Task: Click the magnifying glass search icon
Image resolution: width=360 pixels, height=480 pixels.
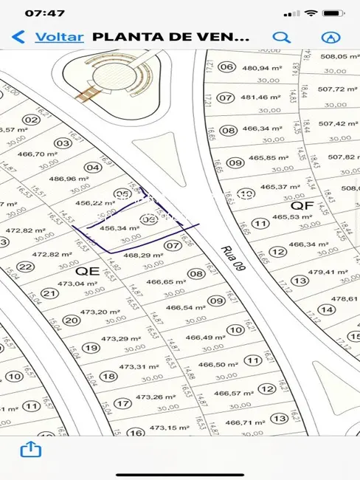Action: [x=281, y=36]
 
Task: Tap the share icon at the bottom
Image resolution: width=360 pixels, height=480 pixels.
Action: [x=30, y=449]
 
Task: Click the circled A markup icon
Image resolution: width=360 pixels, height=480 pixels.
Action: [x=331, y=36]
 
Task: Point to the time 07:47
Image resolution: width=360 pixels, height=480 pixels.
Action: [x=45, y=13]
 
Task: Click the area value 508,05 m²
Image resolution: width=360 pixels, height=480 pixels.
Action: [x=339, y=56]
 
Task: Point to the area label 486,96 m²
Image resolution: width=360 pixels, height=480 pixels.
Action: [x=68, y=178]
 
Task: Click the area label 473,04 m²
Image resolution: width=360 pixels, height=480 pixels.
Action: [x=72, y=283]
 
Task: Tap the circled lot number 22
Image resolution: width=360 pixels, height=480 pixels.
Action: [x=26, y=267]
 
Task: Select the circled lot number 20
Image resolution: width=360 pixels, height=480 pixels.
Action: [x=72, y=320]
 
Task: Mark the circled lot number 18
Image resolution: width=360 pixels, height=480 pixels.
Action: [x=108, y=376]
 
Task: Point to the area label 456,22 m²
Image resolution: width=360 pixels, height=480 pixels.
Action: [x=93, y=202]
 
